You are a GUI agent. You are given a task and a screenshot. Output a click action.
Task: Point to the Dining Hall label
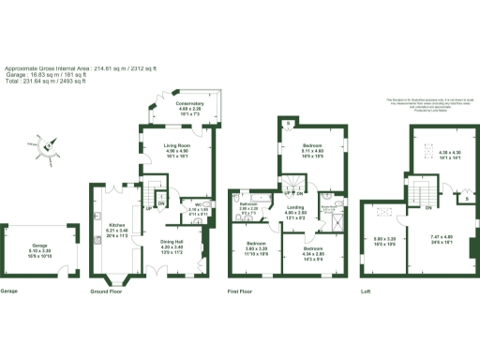pyautogui.click(x=172, y=247)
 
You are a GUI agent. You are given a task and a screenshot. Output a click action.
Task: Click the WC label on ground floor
pyautogui.click(x=200, y=208)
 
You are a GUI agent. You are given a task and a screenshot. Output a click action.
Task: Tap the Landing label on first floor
pyautogui.click(x=295, y=210)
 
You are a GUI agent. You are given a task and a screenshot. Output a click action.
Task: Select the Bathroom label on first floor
pyautogui.click(x=248, y=207)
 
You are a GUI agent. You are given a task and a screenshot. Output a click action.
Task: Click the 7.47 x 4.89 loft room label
pyautogui.click(x=441, y=241)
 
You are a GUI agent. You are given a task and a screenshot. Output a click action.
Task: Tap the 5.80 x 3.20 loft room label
pyautogui.click(x=384, y=241)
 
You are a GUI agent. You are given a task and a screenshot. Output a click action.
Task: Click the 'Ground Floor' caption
pyautogui.click(x=109, y=292)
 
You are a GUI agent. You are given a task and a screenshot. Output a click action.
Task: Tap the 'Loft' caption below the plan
pyautogui.click(x=366, y=292)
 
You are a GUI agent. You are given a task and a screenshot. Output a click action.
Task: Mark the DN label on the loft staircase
pyautogui.click(x=427, y=208)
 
